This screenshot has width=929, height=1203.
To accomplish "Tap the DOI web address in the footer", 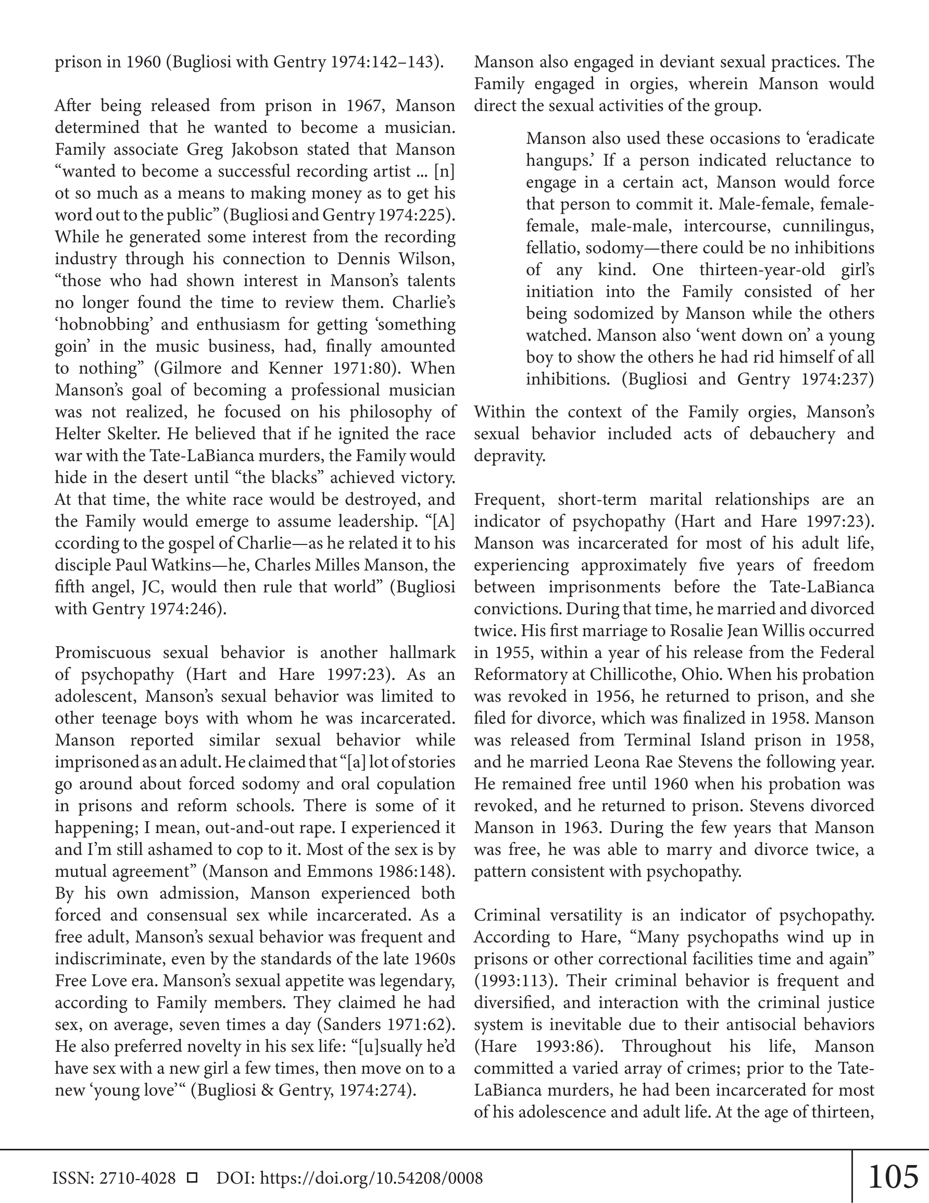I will point(371,1178).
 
